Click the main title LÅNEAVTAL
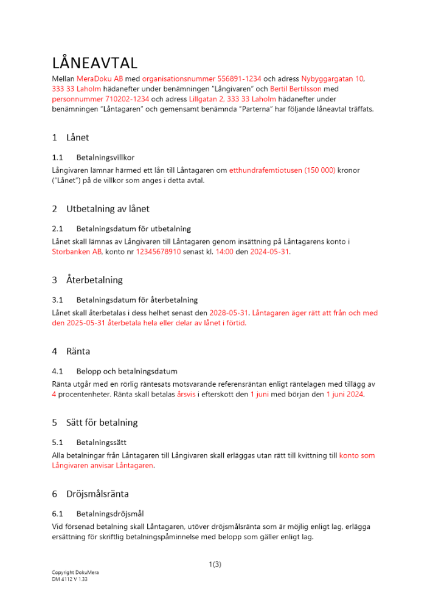coord(94,63)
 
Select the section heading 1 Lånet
coord(71,137)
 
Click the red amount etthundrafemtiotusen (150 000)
coord(282,171)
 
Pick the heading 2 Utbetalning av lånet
coord(100,209)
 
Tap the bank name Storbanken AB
coord(77,252)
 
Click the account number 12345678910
coord(158,252)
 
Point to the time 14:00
coord(225,252)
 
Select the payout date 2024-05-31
coord(270,252)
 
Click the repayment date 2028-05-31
coord(229,313)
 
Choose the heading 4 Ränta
coord(72,351)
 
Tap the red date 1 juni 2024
coord(345,394)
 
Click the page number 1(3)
coord(215,564)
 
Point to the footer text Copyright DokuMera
coord(75,573)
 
